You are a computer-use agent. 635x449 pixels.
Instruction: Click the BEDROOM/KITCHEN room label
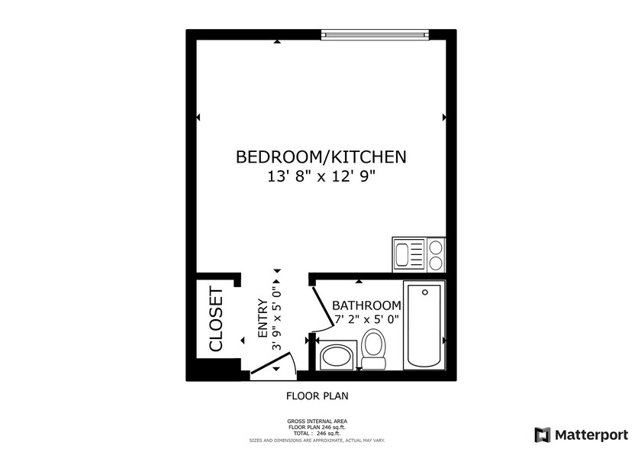[321, 157]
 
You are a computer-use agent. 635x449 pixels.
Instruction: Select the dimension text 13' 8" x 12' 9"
[321, 177]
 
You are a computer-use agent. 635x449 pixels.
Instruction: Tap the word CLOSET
[215, 319]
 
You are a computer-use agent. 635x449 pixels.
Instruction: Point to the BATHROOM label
[366, 305]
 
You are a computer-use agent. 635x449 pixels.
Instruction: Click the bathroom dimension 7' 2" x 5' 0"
[366, 320]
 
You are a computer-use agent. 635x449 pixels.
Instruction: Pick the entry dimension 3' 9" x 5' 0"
[278, 318]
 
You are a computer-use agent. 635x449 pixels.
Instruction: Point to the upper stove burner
[436, 247]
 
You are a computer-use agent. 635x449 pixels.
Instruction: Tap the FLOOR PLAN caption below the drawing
[317, 396]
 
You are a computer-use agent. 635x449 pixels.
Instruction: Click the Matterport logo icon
[542, 434]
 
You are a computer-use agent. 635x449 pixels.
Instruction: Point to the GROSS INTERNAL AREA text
[317, 421]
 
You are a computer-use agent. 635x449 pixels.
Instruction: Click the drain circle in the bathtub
[424, 291]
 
